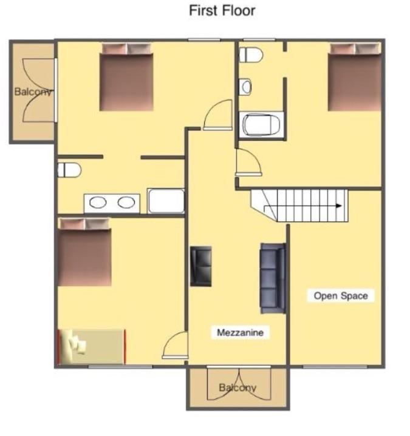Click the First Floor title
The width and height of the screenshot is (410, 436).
[x=222, y=11]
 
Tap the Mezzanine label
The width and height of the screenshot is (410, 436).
[x=240, y=332]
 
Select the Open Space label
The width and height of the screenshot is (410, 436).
[x=341, y=296]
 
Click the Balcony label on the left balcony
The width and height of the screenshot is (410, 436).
[x=33, y=92]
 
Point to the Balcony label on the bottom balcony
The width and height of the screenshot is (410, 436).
[x=237, y=387]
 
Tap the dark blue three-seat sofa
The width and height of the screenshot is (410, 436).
[x=273, y=278]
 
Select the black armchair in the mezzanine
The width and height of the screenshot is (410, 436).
[x=200, y=266]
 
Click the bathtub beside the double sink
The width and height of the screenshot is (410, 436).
[x=166, y=201]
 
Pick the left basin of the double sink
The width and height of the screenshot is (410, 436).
[x=98, y=202]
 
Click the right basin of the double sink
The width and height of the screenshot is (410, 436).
[x=126, y=202]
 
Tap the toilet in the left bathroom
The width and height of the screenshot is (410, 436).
[x=69, y=170]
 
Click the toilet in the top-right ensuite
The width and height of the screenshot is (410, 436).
[x=251, y=55]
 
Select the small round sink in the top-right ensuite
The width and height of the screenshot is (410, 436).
[x=245, y=87]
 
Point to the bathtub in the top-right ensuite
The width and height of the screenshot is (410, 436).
[x=262, y=125]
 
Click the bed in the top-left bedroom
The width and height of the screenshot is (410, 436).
[x=126, y=77]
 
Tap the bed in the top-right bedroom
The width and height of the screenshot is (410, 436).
[x=355, y=77]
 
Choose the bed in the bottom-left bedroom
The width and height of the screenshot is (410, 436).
[x=84, y=252]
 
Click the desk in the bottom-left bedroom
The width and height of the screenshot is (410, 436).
[x=92, y=347]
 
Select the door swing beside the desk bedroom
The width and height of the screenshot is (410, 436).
[x=176, y=345]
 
